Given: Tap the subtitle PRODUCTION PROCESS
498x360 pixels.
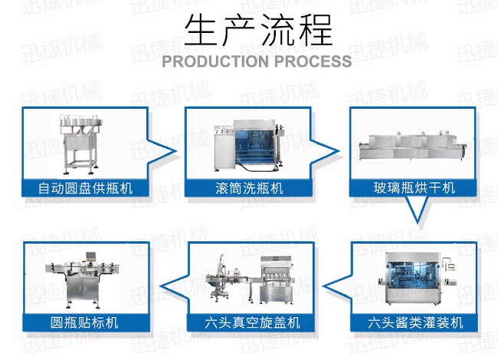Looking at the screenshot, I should pos(257,61).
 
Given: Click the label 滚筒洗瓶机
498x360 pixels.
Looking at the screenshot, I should pos(250,188).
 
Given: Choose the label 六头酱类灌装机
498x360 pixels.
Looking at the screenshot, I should pos(416,322).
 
